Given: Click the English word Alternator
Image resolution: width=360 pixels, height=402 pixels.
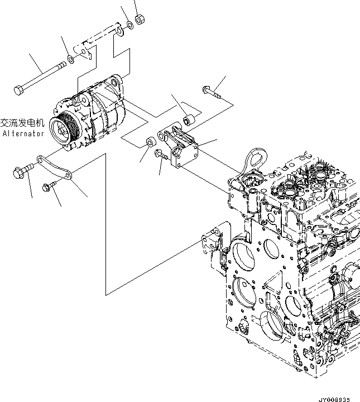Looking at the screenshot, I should pyautogui.click(x=23, y=134).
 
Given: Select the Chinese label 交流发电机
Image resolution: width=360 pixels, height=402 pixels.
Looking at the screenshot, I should pyautogui.click(x=22, y=123).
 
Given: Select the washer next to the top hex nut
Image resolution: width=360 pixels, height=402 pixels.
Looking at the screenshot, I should pyautogui.click(x=129, y=25).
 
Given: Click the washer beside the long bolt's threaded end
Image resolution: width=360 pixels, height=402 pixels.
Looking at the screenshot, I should pyautogui.click(x=71, y=59).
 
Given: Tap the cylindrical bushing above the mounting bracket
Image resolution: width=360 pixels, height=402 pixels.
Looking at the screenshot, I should pyautogui.click(x=189, y=119).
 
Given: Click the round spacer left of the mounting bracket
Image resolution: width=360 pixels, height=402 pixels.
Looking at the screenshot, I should pyautogui.click(x=151, y=142).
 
